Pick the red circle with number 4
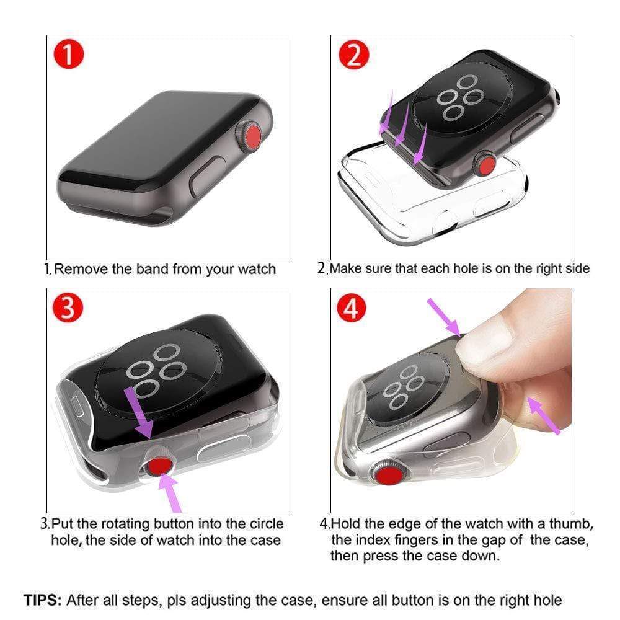click(352, 308)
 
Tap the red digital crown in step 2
click(485, 166)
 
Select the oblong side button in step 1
click(206, 176)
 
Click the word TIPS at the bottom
click(42, 600)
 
